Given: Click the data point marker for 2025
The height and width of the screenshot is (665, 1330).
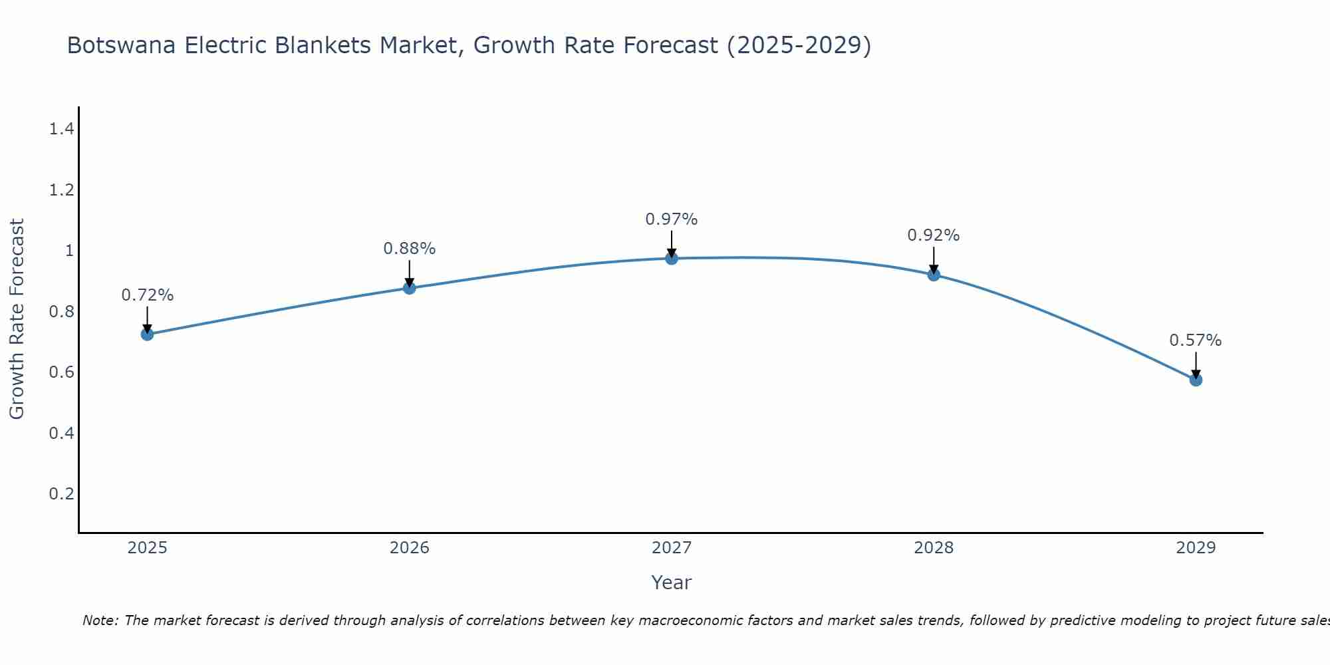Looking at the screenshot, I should (148, 334).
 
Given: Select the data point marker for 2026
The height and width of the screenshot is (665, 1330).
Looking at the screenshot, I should (410, 288).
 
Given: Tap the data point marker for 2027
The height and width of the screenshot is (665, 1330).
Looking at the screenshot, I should (672, 258).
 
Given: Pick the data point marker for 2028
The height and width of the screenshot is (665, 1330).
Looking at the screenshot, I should (934, 275).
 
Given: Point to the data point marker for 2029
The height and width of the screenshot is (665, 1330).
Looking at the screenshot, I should (1196, 380).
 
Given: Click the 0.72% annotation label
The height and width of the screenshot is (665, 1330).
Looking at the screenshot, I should (148, 295).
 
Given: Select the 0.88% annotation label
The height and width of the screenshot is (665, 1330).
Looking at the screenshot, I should (410, 249).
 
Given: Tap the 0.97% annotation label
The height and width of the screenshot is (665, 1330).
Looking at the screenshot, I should (672, 219).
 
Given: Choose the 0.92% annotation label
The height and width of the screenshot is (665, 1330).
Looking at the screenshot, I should (934, 235).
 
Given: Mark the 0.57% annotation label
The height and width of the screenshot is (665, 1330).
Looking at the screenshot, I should (1196, 340).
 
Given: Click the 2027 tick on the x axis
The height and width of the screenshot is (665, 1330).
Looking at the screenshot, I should (672, 548).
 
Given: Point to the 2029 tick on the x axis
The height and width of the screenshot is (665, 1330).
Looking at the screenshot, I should (1196, 548).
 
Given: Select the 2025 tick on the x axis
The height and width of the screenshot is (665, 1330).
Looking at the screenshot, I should (148, 548).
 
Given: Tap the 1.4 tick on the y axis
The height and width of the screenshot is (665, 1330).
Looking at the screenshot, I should (61, 129).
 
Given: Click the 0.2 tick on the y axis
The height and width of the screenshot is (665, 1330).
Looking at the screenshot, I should (61, 493).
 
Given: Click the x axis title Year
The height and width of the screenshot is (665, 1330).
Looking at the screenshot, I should (672, 583).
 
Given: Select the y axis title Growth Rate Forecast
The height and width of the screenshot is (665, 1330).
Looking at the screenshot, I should (17, 319).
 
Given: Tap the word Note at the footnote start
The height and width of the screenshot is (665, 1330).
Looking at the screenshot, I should (100, 620).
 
